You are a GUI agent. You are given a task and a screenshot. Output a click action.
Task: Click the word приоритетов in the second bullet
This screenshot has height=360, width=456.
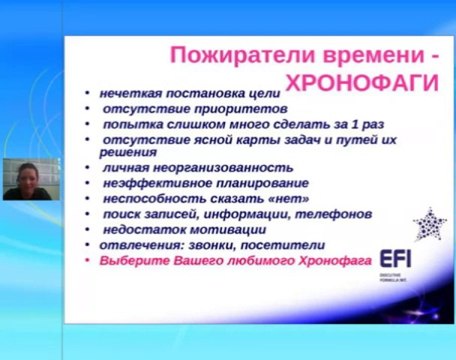(240, 108)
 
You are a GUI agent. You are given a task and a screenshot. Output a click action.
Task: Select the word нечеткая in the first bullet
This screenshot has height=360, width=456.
(127, 92)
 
